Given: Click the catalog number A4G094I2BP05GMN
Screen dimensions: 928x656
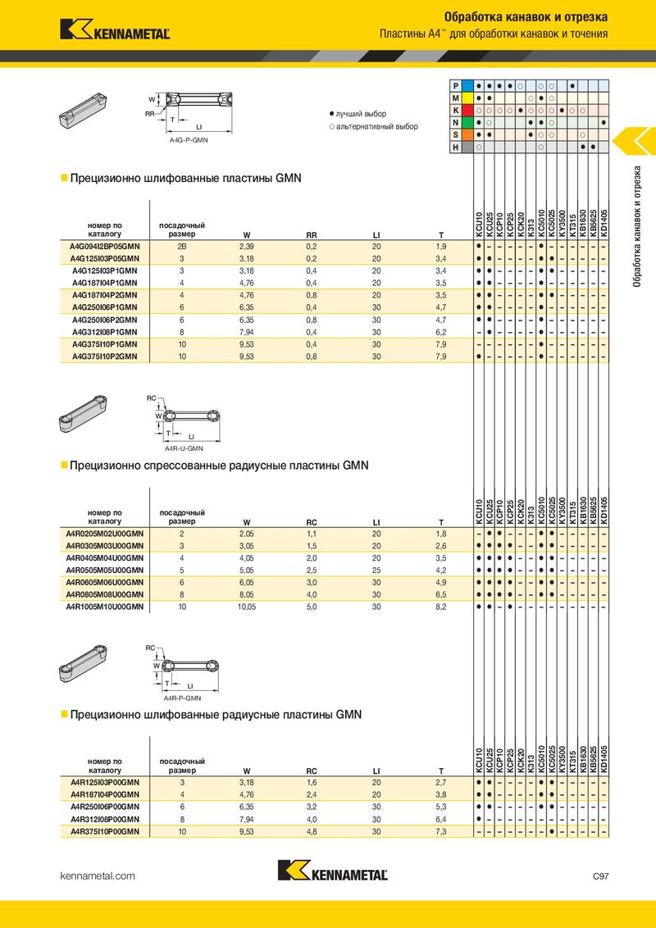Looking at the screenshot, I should (105, 246).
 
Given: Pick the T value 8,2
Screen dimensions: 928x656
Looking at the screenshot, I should (440, 607).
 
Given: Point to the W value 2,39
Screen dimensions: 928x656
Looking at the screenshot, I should (246, 246).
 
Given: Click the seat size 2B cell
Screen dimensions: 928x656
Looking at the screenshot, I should (181, 246).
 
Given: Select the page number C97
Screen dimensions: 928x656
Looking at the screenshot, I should (600, 876).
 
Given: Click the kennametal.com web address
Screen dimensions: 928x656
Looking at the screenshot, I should (98, 876).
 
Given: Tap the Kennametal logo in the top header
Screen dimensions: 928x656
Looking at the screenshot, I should (115, 30).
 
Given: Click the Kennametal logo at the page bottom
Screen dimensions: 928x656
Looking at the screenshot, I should (332, 872).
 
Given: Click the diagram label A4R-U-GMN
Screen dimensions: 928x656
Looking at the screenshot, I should (183, 448).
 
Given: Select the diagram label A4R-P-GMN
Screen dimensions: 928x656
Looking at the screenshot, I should (182, 698).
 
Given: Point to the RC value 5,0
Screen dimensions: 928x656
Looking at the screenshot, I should (312, 607).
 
